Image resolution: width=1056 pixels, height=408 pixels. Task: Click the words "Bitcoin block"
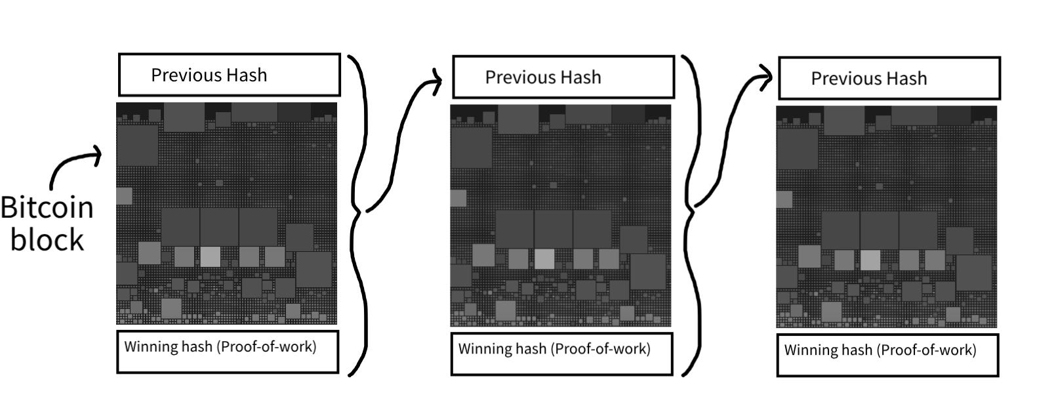pos(47,223)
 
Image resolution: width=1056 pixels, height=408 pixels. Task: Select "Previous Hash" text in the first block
pos(209,75)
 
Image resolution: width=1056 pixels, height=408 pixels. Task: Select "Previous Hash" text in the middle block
pos(543,77)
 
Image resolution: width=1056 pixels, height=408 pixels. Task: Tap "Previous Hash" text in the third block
pos(869,79)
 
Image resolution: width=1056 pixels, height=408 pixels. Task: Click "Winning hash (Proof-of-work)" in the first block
pos(220,346)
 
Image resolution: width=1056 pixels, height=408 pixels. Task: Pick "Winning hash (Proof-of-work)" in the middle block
pos(554,348)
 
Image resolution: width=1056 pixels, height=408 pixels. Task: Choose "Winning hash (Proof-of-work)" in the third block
pos(880,350)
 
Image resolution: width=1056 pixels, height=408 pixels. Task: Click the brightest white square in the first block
pos(210,256)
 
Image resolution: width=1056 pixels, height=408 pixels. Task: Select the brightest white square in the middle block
pos(544,258)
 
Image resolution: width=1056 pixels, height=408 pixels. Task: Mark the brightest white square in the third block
pos(870,260)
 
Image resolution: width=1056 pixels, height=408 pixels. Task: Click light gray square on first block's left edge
pos(124,195)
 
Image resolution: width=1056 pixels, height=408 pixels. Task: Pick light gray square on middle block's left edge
pos(458,198)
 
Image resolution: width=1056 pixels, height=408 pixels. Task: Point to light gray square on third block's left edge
pos(784,199)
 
